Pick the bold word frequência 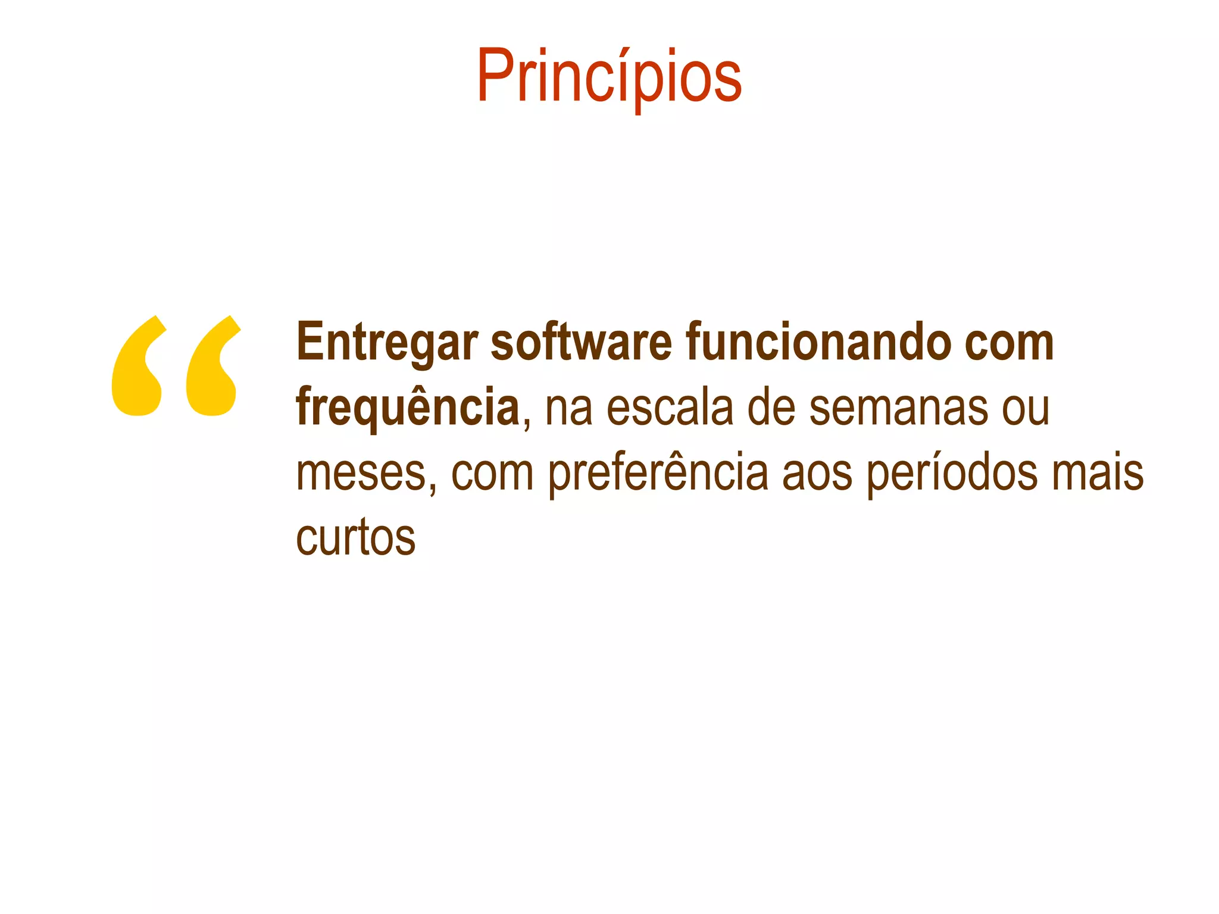coord(408,408)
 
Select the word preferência coord(658,474)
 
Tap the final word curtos coord(356,539)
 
